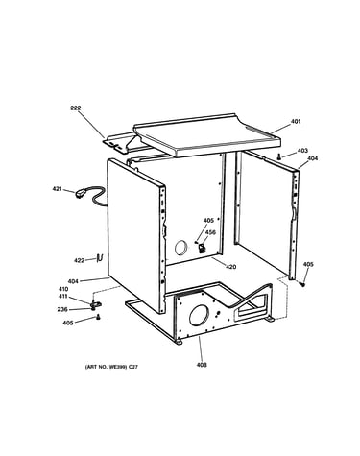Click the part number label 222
click(x=76, y=108)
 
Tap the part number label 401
click(x=296, y=122)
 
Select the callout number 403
click(x=302, y=151)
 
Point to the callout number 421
click(x=58, y=189)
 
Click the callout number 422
click(x=80, y=260)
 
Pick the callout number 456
click(x=210, y=232)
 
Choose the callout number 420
click(x=231, y=267)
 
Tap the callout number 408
click(x=202, y=365)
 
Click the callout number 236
click(x=62, y=309)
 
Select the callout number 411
click(x=62, y=297)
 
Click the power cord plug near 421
click(x=80, y=194)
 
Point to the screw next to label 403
click(x=279, y=156)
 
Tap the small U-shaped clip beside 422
click(x=100, y=257)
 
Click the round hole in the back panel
click(x=181, y=248)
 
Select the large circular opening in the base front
click(x=199, y=315)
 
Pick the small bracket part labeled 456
click(x=202, y=248)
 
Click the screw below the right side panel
click(x=301, y=283)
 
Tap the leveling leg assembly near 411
click(x=95, y=304)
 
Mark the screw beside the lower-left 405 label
click(x=98, y=317)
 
